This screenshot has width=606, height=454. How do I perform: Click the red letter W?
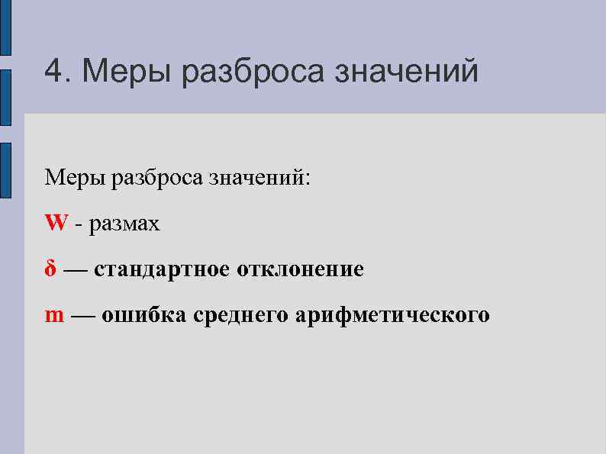click(x=56, y=224)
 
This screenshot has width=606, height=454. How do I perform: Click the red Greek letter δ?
click(x=50, y=269)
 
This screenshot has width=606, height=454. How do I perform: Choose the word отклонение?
click(x=301, y=269)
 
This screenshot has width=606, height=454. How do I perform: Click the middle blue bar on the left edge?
click(x=5, y=97)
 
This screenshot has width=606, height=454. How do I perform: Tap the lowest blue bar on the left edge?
click(x=5, y=170)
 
